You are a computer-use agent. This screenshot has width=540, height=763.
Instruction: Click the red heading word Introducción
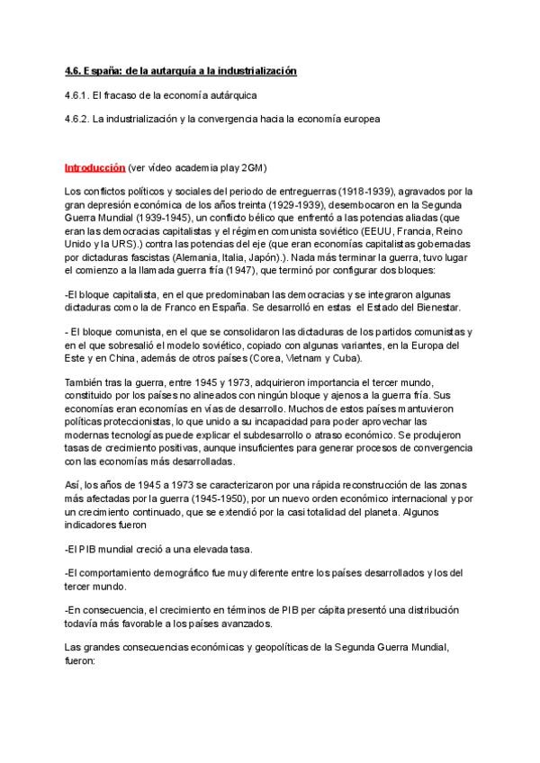[x=94, y=167]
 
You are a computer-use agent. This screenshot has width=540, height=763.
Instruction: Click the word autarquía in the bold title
[x=155, y=70]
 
